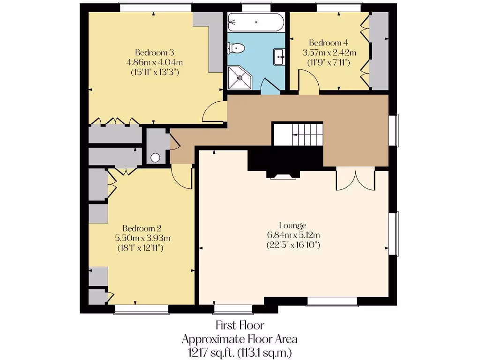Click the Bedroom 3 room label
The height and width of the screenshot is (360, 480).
coord(154,52)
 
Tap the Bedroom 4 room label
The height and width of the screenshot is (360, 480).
coord(329,43)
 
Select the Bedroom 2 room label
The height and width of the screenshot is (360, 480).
coord(140,229)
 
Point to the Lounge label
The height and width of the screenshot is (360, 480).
coord(292,225)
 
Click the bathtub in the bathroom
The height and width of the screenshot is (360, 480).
coord(255,22)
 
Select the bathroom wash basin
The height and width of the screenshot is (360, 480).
coord(280,57)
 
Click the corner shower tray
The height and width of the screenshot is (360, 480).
coord(239,77)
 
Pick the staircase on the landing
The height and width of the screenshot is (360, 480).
coord(298,135)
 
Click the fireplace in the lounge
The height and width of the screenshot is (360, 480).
coord(282,176)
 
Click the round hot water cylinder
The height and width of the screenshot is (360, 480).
coord(155,158)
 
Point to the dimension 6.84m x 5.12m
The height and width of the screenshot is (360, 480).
coord(292,235)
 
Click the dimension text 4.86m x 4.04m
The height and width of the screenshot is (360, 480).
coord(154,62)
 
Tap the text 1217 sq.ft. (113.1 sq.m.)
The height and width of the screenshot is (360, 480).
coord(240,350)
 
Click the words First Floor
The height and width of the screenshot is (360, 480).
coord(240,325)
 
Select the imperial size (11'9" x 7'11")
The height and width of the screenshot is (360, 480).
coord(329,62)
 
